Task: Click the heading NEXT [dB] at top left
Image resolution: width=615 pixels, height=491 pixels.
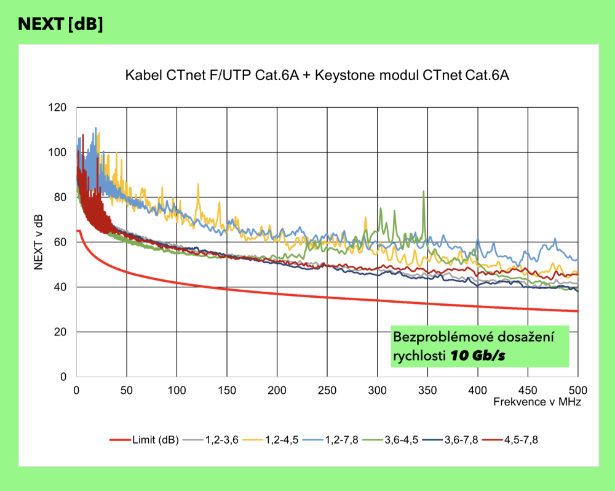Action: click(60, 24)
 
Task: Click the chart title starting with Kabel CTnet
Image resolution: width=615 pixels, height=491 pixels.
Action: click(318, 76)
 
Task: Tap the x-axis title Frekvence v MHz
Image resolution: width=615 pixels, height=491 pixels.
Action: click(537, 402)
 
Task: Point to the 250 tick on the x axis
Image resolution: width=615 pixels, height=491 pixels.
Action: click(327, 389)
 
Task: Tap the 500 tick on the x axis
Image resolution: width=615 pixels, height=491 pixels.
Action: click(577, 389)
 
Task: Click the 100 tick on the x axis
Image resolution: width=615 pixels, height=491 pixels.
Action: click(177, 389)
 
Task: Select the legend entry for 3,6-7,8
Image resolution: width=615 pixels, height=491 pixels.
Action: click(459, 440)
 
